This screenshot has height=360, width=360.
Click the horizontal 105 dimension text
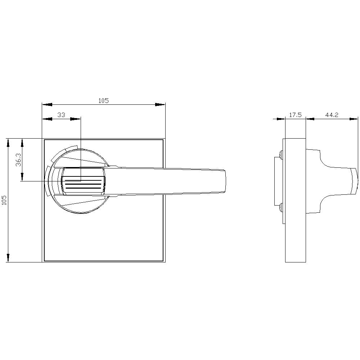(104, 101)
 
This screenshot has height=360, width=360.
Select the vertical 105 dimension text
(4, 200)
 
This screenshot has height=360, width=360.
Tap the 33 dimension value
(62, 115)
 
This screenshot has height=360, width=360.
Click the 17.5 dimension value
(295, 115)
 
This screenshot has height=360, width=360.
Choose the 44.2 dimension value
(332, 115)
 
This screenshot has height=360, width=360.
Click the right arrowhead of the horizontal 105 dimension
(160, 105)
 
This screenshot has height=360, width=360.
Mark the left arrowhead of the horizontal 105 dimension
(47, 105)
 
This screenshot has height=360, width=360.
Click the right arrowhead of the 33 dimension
(75, 119)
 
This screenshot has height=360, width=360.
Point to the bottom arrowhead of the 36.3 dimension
(22, 176)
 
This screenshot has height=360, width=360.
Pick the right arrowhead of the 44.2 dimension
(354, 118)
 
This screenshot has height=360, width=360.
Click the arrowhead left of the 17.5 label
(279, 118)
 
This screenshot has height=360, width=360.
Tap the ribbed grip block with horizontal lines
(84, 181)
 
